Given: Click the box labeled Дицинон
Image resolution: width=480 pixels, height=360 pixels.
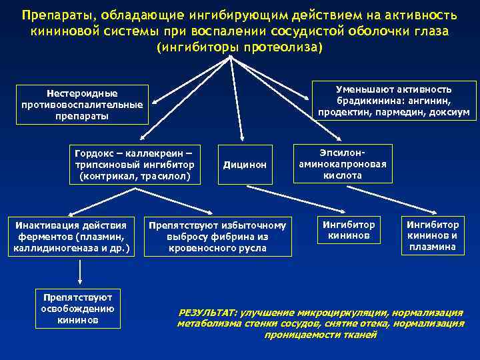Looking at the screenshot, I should (245, 164).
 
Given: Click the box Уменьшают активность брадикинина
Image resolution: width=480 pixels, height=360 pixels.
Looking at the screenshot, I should (393, 101).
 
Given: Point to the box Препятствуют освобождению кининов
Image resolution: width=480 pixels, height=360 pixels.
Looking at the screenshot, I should (78, 308).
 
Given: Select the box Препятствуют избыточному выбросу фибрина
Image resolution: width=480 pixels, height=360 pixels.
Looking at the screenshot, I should (217, 236).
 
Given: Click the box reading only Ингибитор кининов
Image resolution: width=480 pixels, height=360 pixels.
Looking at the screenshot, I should (349, 230).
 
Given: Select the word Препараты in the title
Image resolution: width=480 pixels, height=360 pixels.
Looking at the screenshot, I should (52, 15).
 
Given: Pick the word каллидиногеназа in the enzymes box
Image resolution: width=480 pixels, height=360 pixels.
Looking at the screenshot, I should (54, 249).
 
